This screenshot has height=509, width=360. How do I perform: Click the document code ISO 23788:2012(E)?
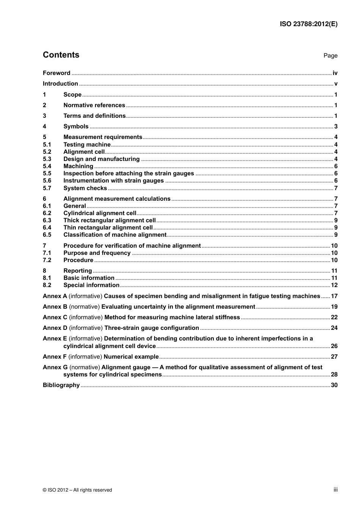click(x=308, y=24)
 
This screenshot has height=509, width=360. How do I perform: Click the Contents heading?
click(x=61, y=55)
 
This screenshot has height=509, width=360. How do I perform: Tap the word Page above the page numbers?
click(x=330, y=56)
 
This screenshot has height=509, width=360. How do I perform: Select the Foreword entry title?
click(x=56, y=73)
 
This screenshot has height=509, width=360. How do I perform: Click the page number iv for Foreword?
click(x=335, y=73)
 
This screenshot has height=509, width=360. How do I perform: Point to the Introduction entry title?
click(x=60, y=84)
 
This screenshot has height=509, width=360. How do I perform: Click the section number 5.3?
click(x=47, y=159)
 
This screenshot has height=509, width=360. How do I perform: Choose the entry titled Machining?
click(x=78, y=166)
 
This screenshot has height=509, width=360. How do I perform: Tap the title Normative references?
click(x=94, y=105)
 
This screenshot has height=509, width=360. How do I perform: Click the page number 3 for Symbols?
click(x=336, y=126)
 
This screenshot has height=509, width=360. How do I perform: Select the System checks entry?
click(x=85, y=188)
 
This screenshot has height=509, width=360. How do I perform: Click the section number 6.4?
click(x=47, y=228)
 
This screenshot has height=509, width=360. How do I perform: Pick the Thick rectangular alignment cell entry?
click(x=109, y=220)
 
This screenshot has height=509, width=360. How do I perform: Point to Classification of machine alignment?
click(x=115, y=235)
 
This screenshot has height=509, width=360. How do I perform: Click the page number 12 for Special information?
click(x=334, y=285)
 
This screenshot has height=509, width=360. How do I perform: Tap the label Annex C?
click(x=55, y=317)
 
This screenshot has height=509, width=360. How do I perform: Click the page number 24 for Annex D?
click(x=334, y=328)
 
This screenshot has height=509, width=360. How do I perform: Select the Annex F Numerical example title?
click(x=131, y=357)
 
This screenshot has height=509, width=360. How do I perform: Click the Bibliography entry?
click(x=61, y=385)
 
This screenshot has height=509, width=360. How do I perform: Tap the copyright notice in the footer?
click(x=77, y=490)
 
